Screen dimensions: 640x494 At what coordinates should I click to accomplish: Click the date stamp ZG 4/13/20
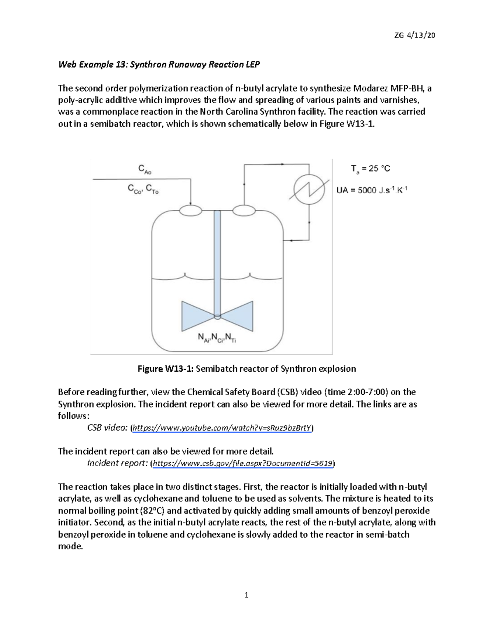click(414, 35)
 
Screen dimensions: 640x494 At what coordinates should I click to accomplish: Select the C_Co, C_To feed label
click(143, 189)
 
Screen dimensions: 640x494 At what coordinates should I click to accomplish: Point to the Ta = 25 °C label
click(370, 169)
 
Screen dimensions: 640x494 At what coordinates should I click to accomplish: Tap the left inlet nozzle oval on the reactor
click(191, 210)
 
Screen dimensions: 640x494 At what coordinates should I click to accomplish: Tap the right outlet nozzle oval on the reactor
click(244, 210)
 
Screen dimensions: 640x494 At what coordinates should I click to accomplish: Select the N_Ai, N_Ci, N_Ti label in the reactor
click(217, 338)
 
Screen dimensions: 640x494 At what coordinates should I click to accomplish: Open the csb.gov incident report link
click(243, 463)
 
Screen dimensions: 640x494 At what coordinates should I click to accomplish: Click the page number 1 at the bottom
click(247, 595)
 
